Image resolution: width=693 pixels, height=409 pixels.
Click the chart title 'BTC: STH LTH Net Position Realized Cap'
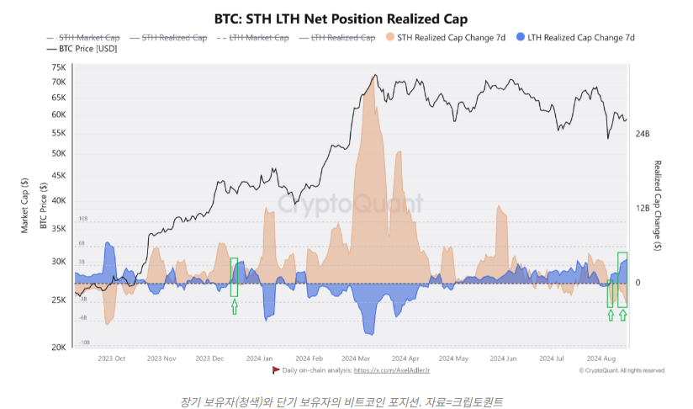coord(346,18)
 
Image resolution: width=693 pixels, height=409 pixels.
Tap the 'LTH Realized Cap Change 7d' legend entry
coord(578,38)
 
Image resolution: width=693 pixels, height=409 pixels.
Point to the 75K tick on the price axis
coord(58,68)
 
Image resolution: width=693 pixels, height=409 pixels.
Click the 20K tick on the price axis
coord(58,348)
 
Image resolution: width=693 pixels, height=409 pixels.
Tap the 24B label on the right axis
coord(643,135)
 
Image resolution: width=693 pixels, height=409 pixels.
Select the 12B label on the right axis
coord(643,208)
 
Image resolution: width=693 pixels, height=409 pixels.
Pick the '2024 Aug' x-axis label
coord(602,358)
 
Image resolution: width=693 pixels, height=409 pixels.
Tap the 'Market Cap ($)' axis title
coord(24,207)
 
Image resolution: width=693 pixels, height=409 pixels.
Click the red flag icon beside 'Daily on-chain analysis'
coord(276,370)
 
